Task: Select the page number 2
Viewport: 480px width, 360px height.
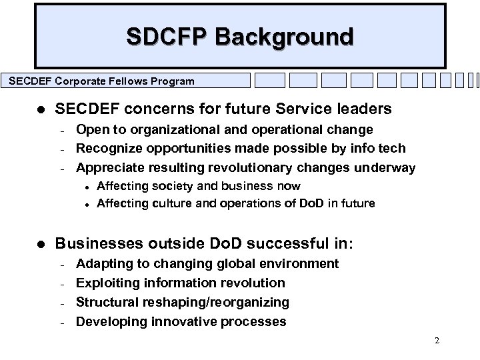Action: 437,341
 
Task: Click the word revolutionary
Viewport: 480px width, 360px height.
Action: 226,167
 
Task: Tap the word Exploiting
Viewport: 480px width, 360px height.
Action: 105,283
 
